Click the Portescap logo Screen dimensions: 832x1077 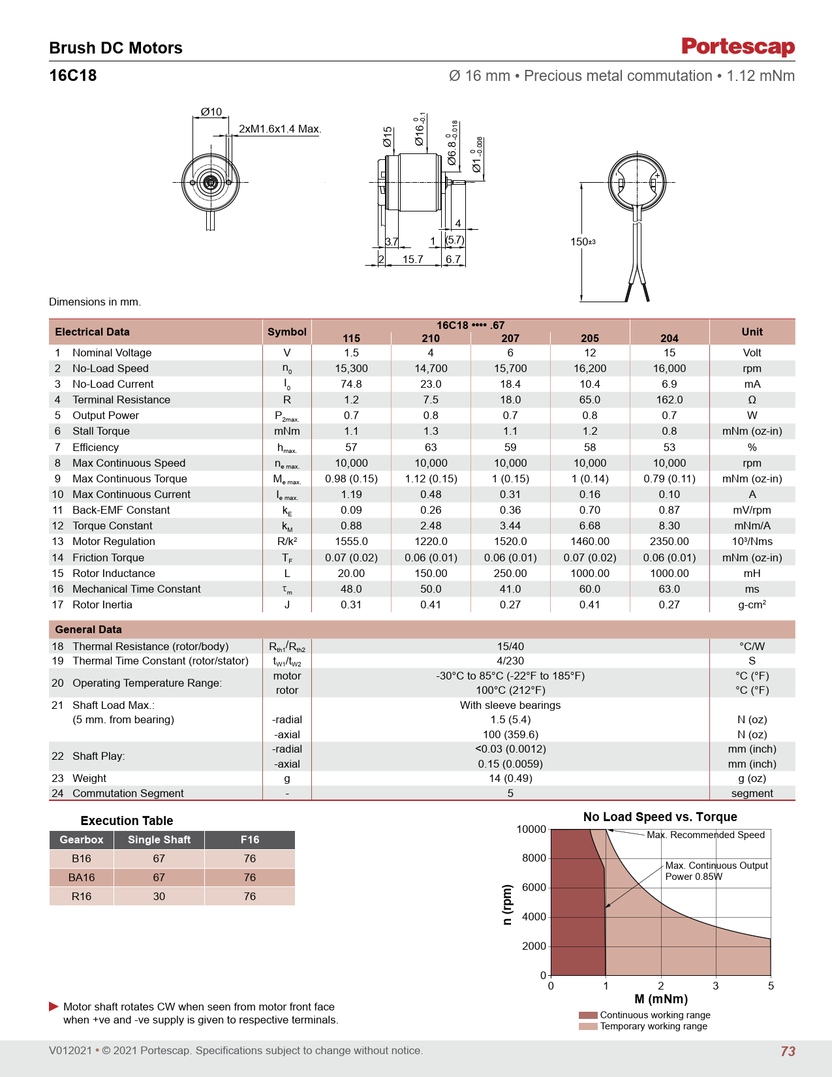738,46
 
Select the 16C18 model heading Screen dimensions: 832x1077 73,75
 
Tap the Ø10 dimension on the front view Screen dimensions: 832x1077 211,112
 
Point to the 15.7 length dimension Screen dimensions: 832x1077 413,259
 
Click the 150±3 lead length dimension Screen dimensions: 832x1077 583,242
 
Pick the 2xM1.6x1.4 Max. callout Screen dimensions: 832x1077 280,129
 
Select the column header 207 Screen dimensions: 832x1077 510,339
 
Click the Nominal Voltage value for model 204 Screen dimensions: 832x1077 669,353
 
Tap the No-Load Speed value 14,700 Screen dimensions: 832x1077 431,369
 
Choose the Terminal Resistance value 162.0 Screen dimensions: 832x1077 669,400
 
